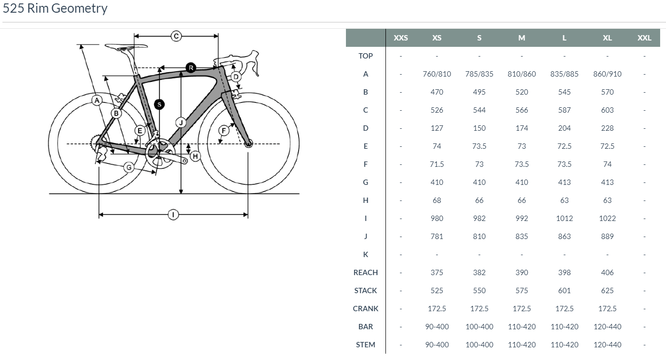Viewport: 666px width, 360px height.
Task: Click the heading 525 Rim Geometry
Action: point(55,8)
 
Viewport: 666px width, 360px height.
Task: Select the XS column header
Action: point(437,38)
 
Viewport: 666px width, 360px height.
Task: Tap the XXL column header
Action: point(644,38)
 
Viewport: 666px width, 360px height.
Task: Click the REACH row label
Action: point(365,273)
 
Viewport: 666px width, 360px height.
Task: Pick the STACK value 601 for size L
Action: point(564,291)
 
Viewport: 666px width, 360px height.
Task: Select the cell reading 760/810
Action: point(437,74)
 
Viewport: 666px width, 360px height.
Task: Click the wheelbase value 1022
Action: point(607,219)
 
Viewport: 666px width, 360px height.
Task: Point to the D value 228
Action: point(607,128)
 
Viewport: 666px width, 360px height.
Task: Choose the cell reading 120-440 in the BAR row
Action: point(607,327)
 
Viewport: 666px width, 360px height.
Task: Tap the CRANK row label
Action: point(365,309)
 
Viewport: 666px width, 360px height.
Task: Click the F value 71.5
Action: point(437,164)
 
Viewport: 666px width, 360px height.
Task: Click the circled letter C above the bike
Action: point(176,36)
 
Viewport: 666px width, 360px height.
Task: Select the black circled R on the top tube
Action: point(191,67)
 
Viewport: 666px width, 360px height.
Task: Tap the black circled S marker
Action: point(159,104)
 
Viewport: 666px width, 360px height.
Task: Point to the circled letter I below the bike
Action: point(173,214)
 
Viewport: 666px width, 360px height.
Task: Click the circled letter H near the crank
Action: point(195,156)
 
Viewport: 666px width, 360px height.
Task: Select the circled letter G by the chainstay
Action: point(129,167)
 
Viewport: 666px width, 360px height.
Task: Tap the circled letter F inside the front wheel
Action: point(224,130)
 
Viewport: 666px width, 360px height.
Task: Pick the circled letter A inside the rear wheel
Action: point(97,100)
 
